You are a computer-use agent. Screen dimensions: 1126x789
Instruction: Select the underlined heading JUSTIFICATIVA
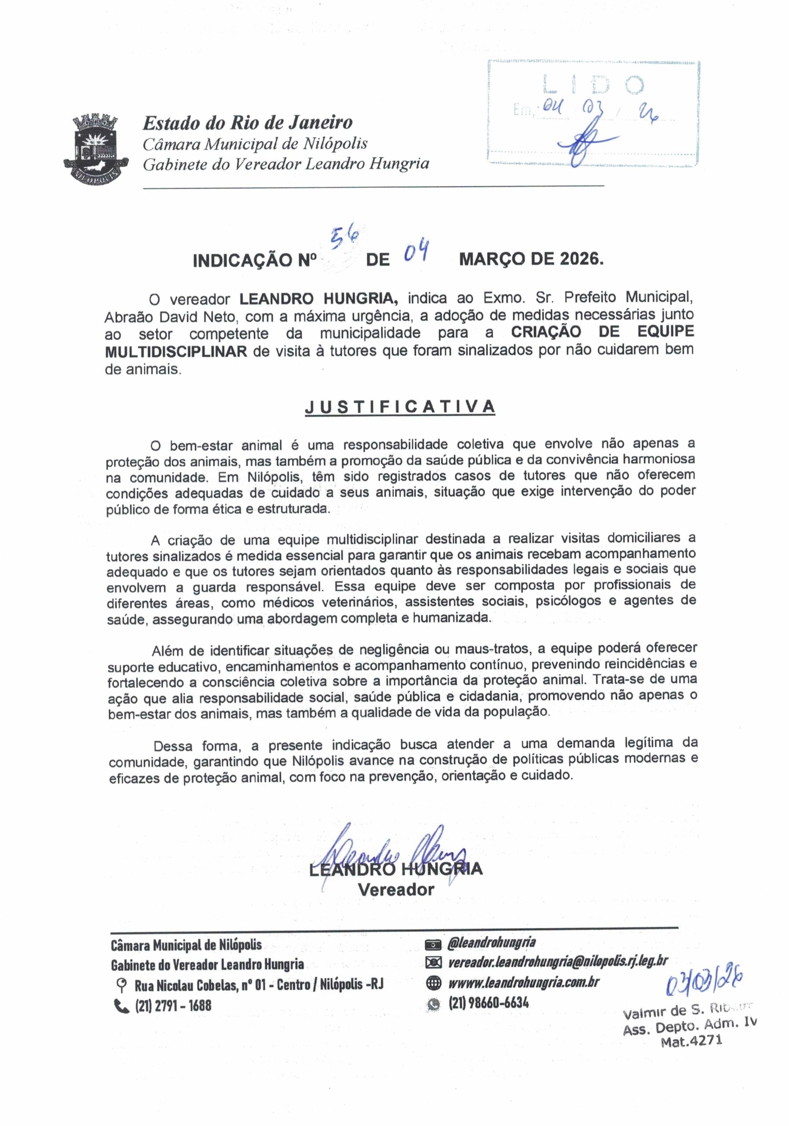[400, 406]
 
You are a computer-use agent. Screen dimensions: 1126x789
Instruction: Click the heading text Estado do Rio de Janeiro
[247, 123]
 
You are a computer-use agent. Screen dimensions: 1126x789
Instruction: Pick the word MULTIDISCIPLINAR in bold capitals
[175, 351]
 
